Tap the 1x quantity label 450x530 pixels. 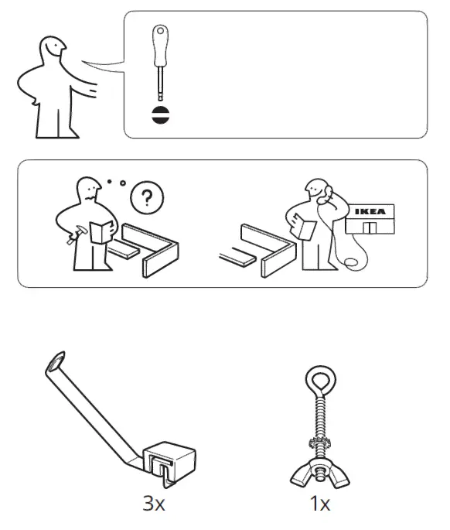(x=319, y=504)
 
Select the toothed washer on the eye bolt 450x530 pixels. (x=319, y=447)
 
